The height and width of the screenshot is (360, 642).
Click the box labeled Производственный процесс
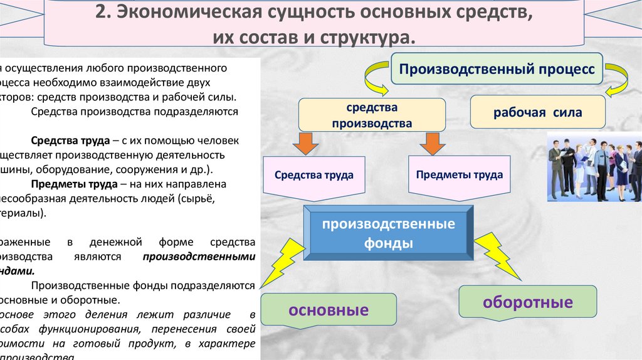click(497, 69)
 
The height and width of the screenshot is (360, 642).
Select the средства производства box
click(372, 115)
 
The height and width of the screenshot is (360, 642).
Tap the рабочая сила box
click(537, 113)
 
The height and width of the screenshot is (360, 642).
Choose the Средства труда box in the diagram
click(313, 175)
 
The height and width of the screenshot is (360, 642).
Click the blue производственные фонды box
click(389, 233)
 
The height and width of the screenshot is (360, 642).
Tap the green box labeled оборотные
click(527, 303)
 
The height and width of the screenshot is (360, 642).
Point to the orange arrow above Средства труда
click(305, 142)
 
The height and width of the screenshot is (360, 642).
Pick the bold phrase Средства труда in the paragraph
click(60, 141)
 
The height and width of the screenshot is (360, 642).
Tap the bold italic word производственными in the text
click(199, 257)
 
